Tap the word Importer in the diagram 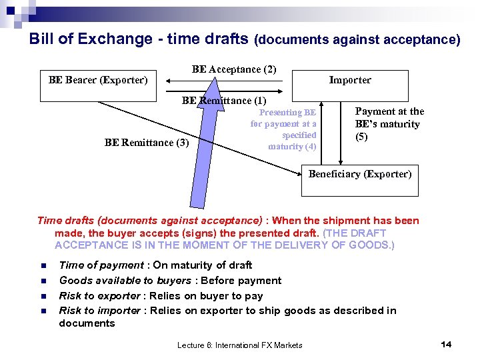pos(349,80)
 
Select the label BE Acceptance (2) pos(234,69)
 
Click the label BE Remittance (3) pos(147,142)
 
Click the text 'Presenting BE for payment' pos(284,118)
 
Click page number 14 pos(446,344)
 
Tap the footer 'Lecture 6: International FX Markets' pos(239,345)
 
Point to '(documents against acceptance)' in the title pos(357,40)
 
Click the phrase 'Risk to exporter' pos(100,295)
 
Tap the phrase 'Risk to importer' pos(100,310)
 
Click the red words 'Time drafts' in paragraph pos(63,221)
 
